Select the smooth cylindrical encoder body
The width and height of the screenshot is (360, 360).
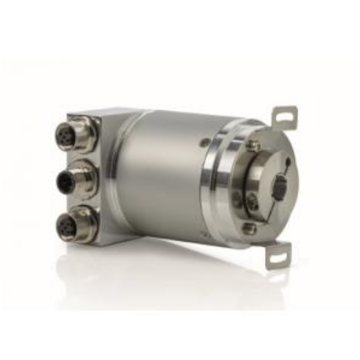click(162, 176)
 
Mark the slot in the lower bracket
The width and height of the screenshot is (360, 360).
click(276, 256)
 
